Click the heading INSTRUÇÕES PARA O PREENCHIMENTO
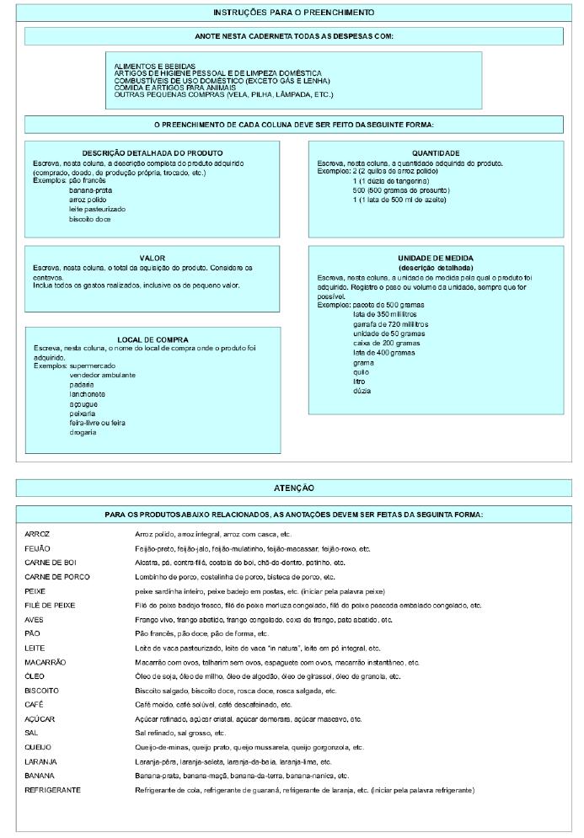293,13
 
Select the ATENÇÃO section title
293,488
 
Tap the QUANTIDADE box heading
436,152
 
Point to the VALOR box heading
153,258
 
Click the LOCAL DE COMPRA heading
153,339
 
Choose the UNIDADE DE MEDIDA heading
436,258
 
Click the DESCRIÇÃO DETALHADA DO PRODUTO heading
153,152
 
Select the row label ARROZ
39,534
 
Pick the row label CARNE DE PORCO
57,577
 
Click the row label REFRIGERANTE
53,790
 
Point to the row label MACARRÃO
46,662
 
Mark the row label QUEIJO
39,747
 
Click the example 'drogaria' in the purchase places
83,432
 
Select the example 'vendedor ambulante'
103,375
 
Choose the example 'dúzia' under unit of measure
362,390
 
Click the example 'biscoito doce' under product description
91,219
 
